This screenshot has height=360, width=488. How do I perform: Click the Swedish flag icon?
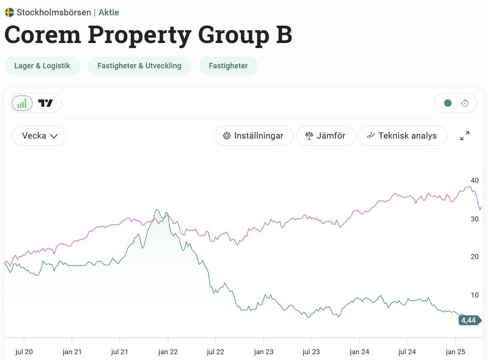pyautogui.click(x=9, y=12)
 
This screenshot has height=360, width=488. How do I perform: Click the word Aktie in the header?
pyautogui.click(x=108, y=12)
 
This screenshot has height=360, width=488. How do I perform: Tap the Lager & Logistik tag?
pyautogui.click(x=42, y=66)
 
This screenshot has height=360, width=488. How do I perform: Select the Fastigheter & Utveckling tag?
pyautogui.click(x=139, y=66)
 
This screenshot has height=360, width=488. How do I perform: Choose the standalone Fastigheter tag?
pyautogui.click(x=228, y=66)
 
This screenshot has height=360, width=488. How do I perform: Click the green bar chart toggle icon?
pyautogui.click(x=22, y=103)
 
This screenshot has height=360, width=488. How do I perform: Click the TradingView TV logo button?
pyautogui.click(x=46, y=103)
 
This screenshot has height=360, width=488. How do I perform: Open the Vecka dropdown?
pyautogui.click(x=39, y=136)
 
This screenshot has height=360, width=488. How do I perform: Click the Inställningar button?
pyautogui.click(x=253, y=136)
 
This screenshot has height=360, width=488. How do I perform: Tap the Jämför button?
pyautogui.click(x=325, y=136)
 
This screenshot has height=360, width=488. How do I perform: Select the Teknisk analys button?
pyautogui.click(x=402, y=136)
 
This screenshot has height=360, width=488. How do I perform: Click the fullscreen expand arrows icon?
pyautogui.click(x=465, y=136)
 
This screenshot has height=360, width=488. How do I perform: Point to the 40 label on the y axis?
pyautogui.click(x=474, y=180)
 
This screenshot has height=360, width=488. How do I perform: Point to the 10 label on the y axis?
pyautogui.click(x=474, y=295)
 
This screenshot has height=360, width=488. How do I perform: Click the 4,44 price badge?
pyautogui.click(x=469, y=320)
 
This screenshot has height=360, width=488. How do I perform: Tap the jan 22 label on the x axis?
pyautogui.click(x=168, y=352)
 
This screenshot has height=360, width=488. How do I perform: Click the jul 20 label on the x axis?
pyautogui.click(x=24, y=352)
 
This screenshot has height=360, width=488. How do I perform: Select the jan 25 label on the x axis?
pyautogui.click(x=455, y=352)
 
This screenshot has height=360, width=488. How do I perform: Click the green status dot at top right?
pyautogui.click(x=447, y=103)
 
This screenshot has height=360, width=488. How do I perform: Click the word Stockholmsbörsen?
pyautogui.click(x=54, y=12)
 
